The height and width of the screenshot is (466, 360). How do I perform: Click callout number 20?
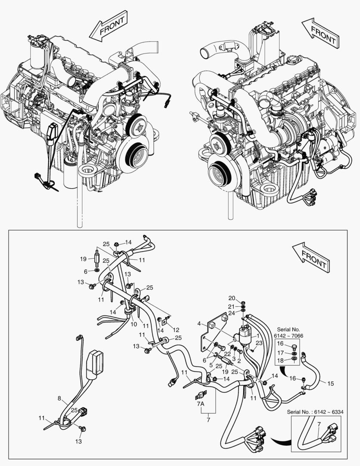(x=232, y=299)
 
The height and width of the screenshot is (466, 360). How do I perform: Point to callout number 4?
(x=199, y=323)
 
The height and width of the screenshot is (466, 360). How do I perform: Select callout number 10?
(x=134, y=323)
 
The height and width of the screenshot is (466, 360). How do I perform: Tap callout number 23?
(x=259, y=343)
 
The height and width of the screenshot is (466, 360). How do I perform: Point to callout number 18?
(x=280, y=360)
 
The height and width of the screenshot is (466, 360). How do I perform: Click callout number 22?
(x=227, y=354)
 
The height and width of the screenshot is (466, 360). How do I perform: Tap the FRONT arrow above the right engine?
(x=319, y=32)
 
